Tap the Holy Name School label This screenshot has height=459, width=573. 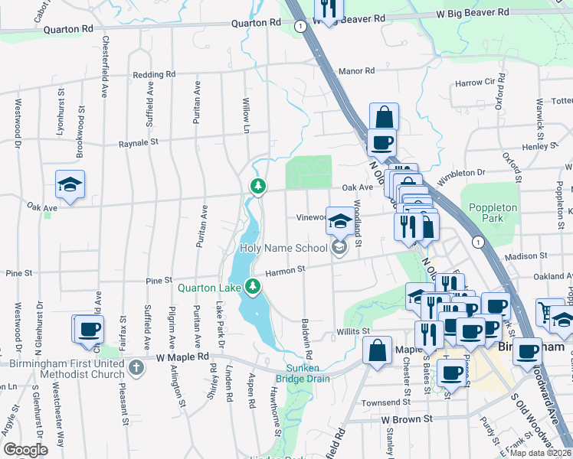point(284,247)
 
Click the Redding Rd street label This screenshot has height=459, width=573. point(154,75)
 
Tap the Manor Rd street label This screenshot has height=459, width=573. point(356,71)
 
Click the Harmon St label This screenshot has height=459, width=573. point(285,269)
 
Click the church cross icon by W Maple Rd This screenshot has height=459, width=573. point(136,368)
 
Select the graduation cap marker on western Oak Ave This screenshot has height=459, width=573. point(70,184)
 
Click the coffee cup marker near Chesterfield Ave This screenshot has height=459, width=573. point(87,329)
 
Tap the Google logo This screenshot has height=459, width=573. point(25,450)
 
